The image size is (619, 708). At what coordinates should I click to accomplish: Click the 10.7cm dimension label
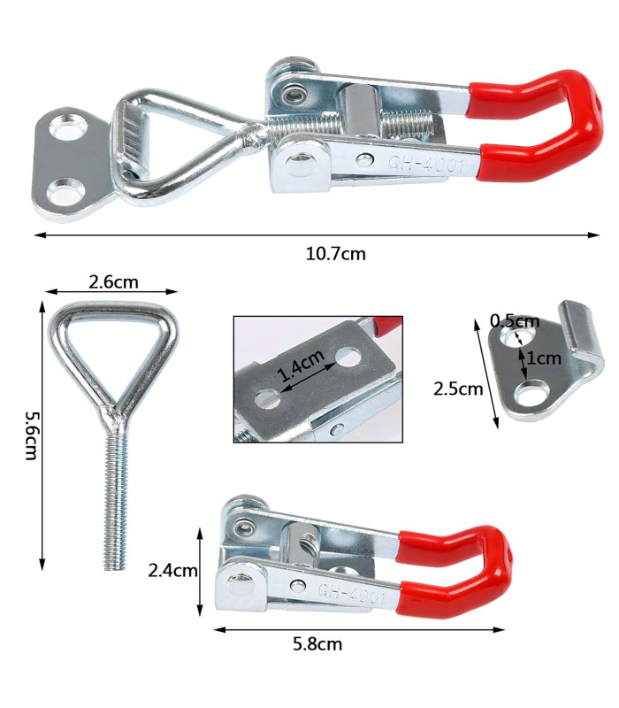point(335,254)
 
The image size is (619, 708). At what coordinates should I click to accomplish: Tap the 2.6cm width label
point(113,282)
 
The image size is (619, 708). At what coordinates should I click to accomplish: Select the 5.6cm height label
point(31,435)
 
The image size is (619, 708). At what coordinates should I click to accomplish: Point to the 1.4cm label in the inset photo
point(301,366)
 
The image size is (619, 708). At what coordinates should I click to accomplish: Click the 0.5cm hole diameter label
point(515,321)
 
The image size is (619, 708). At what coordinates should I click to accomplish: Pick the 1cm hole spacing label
point(544,358)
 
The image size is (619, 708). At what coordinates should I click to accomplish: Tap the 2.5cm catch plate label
point(458,389)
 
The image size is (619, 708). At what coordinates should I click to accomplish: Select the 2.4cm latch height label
point(172,571)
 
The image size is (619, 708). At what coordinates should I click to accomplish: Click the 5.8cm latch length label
point(317,643)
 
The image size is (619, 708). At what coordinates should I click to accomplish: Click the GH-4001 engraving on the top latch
point(425,164)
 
